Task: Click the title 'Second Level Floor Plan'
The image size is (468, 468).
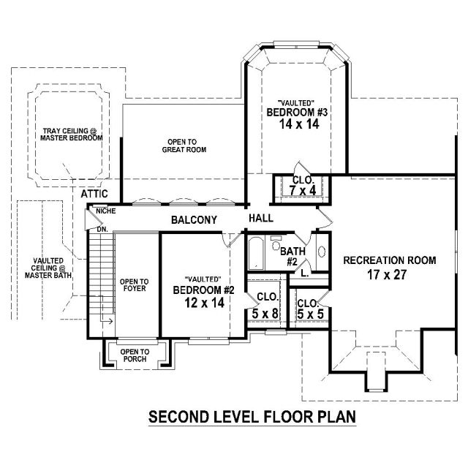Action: tap(252, 417)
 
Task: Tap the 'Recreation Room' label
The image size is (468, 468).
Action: tap(390, 260)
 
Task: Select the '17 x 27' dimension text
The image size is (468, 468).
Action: tap(387, 275)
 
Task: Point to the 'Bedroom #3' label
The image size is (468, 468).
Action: tap(297, 113)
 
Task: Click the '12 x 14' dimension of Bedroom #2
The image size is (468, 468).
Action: tap(205, 303)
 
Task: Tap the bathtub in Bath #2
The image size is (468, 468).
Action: tap(256, 253)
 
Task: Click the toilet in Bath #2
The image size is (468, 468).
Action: tap(276, 243)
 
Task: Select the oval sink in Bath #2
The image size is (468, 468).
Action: tap(322, 252)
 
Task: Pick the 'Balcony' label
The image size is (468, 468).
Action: tap(194, 220)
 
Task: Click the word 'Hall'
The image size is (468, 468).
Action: tap(261, 218)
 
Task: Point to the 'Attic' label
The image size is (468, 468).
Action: tap(94, 194)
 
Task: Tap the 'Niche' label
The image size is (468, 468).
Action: tap(106, 211)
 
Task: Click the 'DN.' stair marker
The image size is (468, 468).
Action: tap(102, 230)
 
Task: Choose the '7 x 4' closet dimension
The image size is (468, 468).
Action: tap(303, 190)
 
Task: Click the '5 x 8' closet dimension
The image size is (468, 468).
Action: tap(265, 314)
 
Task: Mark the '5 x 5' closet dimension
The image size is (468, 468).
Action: tap(310, 314)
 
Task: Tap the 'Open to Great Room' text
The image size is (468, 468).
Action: tap(184, 146)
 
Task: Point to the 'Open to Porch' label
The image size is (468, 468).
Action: tap(135, 355)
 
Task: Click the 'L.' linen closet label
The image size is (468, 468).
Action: tap(305, 273)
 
